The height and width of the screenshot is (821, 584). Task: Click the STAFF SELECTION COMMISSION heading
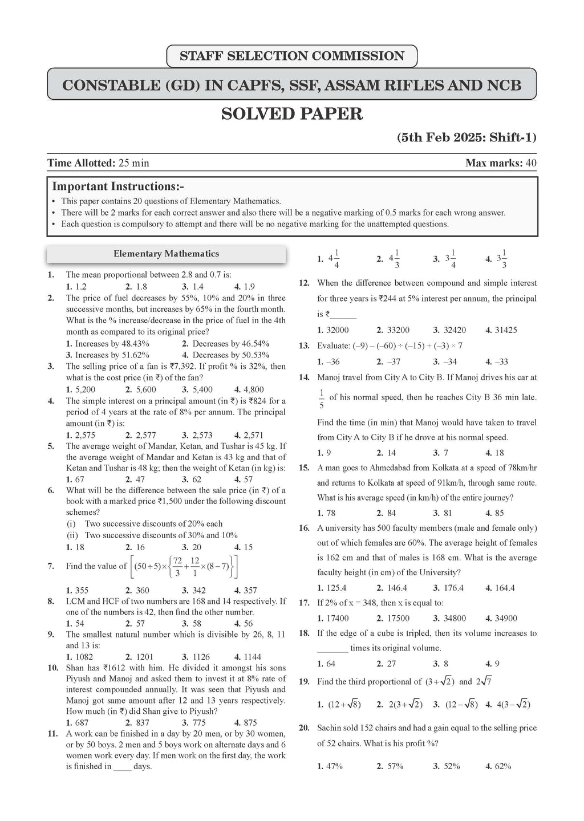tap(291, 56)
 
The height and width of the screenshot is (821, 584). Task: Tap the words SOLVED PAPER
tap(291, 113)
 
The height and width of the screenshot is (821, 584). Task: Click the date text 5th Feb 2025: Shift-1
tap(467, 137)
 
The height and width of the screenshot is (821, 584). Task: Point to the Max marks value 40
tap(531, 163)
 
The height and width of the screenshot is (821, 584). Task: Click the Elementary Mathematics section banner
tap(166, 254)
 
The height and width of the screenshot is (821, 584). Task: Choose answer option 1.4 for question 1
tap(197, 287)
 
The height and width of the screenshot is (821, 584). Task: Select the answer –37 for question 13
tap(393, 361)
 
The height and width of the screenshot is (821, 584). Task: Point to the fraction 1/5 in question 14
tap(322, 399)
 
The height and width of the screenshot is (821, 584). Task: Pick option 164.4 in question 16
tap(504, 588)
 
